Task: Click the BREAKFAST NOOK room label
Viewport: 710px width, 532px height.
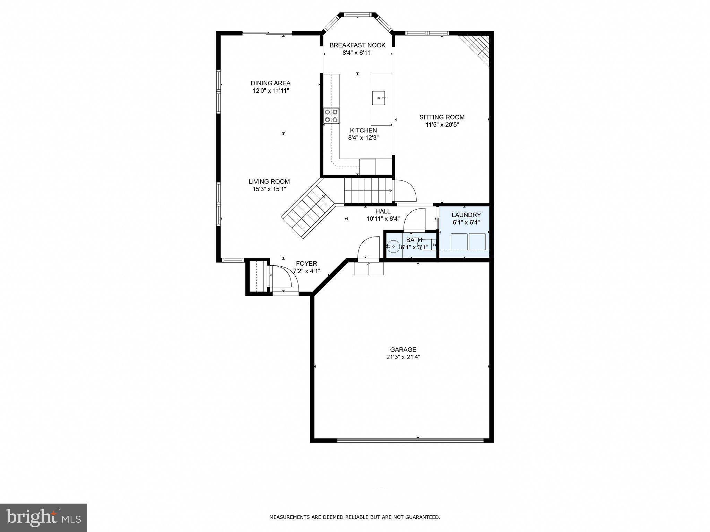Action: [357, 45]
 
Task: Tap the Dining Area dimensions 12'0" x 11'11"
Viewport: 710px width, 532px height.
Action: [270, 91]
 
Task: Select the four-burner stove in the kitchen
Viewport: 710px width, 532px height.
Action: [331, 116]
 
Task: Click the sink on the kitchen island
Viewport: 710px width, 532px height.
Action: [379, 98]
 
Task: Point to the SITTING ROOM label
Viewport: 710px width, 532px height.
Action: [442, 117]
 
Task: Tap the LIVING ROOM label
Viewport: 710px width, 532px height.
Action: [269, 181]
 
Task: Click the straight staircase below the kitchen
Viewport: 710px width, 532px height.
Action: [367, 190]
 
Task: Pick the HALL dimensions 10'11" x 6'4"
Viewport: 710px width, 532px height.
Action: [383, 219]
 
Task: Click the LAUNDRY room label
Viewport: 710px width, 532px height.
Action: [466, 215]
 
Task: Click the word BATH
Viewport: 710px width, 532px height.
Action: [414, 240]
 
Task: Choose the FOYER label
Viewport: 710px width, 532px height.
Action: [306, 264]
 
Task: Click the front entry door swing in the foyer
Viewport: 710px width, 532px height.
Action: [283, 279]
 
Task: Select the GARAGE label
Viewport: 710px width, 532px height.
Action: [403, 350]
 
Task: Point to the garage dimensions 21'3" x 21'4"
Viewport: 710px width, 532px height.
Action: [403, 357]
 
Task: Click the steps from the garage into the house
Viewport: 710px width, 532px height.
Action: [369, 268]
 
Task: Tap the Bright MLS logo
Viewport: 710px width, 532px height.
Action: [43, 517]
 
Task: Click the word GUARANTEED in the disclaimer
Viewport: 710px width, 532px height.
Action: [423, 517]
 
